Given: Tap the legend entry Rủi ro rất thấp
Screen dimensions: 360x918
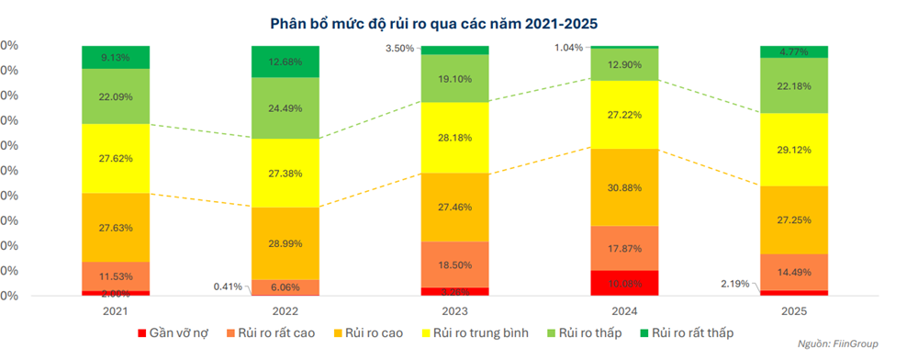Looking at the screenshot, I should (688, 332).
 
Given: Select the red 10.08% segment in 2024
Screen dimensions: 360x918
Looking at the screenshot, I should (624, 283).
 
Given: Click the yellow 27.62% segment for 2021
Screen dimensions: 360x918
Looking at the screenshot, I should (116, 158).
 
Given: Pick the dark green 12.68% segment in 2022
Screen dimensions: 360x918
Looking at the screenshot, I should (285, 62).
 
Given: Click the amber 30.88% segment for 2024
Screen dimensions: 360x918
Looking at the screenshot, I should (624, 187).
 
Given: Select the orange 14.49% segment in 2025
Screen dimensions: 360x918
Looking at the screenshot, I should (794, 272).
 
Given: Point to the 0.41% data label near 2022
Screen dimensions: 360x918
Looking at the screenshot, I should (228, 286).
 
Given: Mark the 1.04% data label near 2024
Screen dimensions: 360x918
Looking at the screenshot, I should (568, 47).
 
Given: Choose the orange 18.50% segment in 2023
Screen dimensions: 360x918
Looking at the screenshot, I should (454, 264).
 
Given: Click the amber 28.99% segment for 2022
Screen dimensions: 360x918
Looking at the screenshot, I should (285, 243).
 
